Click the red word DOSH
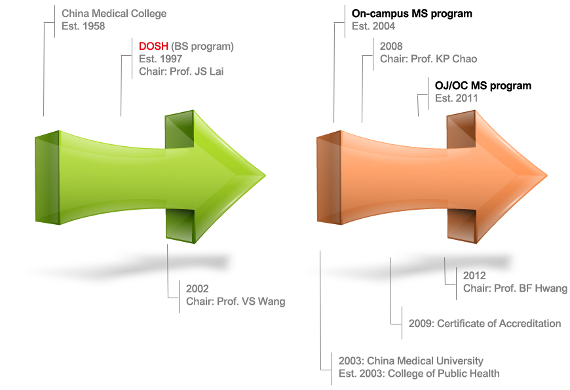coord(153,46)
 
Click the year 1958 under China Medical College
coord(94,26)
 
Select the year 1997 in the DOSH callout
coord(171,59)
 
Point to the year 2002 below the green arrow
coord(197,289)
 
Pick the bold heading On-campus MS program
coord(412,14)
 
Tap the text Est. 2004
coord(373,26)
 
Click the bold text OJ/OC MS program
coord(483,86)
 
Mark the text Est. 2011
coord(456,98)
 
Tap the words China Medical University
coord(425,361)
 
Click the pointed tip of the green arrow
coord(266,176)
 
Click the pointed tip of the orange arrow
coord(547,176)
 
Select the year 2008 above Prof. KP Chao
coord(391,46)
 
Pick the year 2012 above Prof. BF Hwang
coord(474,276)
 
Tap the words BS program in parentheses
coord(202,47)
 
